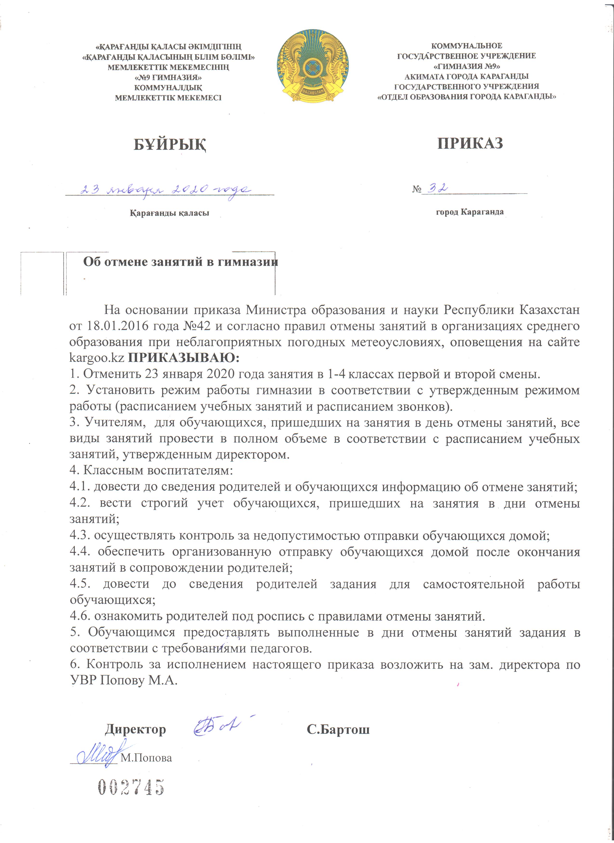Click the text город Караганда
[470, 212]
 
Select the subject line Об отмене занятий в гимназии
[180, 262]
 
